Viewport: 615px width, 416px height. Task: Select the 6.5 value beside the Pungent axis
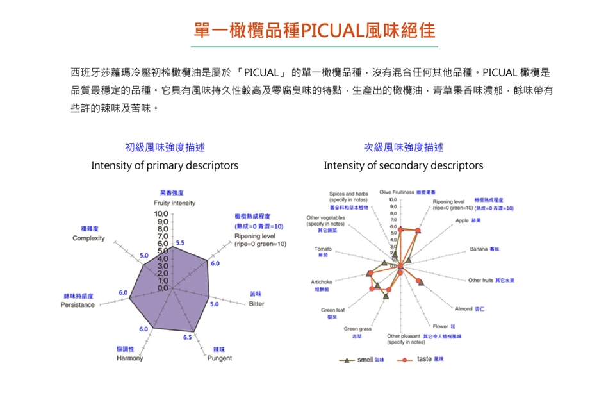tap(188, 337)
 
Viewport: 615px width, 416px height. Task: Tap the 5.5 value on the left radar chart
tap(180, 243)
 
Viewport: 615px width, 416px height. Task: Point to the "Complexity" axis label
tap(89, 238)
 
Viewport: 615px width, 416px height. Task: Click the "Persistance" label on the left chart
tap(78, 304)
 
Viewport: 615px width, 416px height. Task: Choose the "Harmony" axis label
tap(129, 358)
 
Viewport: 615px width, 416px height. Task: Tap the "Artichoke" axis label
tap(321, 282)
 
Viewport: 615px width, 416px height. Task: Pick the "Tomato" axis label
tap(322, 248)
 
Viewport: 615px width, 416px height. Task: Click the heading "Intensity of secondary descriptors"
tap(403, 165)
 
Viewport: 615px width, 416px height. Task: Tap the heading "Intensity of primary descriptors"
tap(165, 165)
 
